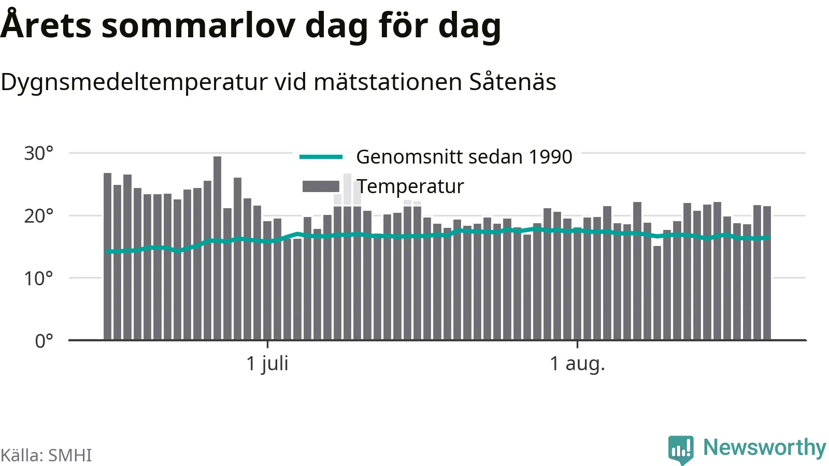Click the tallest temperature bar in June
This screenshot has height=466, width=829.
(218, 248)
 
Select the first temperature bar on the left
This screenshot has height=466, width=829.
(107, 256)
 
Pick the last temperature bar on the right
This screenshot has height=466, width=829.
(767, 272)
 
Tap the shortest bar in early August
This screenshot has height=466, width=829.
(657, 293)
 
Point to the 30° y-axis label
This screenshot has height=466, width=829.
(38, 153)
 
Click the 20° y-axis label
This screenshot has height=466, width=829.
(38, 215)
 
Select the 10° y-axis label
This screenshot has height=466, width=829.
(38, 278)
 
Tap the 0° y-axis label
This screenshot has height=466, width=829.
(44, 341)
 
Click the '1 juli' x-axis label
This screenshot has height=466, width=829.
(267, 363)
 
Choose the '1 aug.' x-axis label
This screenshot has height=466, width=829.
(577, 363)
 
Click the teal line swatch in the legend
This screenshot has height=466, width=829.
(321, 157)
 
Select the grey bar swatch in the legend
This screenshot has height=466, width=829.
(321, 186)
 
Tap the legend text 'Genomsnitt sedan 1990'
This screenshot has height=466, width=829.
(464, 157)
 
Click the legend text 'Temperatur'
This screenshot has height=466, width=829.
(410, 186)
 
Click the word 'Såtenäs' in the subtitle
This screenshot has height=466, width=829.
(512, 81)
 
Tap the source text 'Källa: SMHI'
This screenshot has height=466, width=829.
(46, 455)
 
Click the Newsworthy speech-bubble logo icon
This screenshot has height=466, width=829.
(681, 449)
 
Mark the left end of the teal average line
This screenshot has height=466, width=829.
(107, 252)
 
